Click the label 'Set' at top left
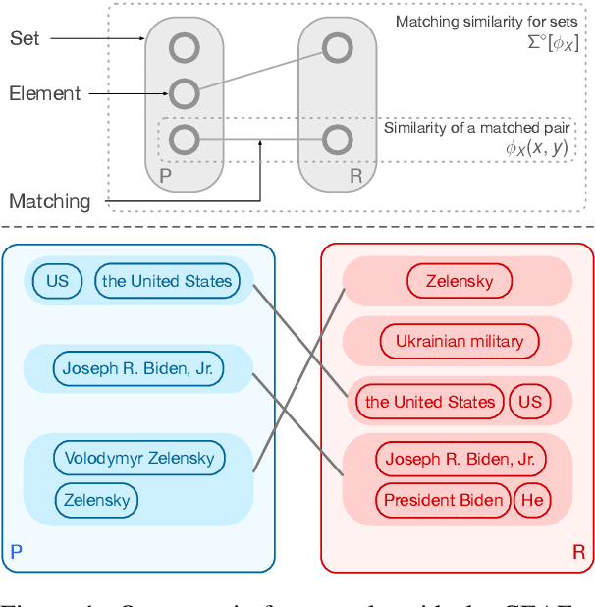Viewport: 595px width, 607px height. [x=26, y=38]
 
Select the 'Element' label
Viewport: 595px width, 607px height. [x=44, y=93]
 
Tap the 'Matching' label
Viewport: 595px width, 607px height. [x=49, y=201]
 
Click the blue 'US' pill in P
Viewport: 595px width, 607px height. [x=58, y=281]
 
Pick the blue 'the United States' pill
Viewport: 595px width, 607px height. [x=167, y=281]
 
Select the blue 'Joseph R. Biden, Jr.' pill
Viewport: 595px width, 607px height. [x=138, y=368]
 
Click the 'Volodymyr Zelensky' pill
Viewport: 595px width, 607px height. [x=139, y=458]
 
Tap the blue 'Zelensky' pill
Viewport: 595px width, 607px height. [x=96, y=500]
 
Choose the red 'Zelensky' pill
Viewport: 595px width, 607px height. [x=460, y=282]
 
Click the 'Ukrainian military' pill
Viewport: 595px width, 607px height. [x=460, y=342]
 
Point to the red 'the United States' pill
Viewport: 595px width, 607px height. [x=430, y=402]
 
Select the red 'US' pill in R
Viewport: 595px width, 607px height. [x=530, y=402]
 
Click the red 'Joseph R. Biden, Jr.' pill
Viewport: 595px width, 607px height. [x=460, y=459]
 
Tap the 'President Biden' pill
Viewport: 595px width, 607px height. [x=443, y=500]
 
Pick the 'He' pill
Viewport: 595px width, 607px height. [x=532, y=500]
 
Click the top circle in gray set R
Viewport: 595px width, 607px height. [x=337, y=46]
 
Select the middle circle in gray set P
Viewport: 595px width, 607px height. [x=184, y=93]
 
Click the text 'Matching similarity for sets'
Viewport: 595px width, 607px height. [x=482, y=21]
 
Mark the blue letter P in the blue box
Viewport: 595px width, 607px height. [x=16, y=553]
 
